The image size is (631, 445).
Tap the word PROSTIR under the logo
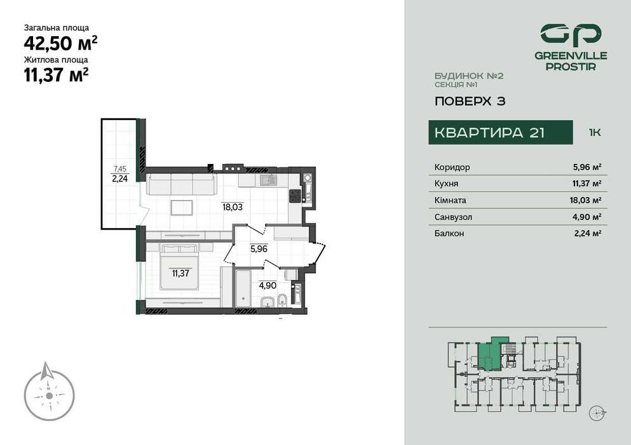coord(570,66)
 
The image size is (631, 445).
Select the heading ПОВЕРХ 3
coord(470,101)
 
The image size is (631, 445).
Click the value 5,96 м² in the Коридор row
coord(587,167)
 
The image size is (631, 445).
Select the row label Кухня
coord(446,184)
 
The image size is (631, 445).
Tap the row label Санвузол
coord(453,217)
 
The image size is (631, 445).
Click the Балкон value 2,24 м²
coord(587,233)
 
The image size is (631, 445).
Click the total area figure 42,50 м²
coord(60,43)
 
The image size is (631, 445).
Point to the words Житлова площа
coord(56,60)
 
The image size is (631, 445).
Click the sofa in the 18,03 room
coord(181,185)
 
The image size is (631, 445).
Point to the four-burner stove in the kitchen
coord(295,196)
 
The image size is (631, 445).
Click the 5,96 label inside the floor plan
coord(259,249)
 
